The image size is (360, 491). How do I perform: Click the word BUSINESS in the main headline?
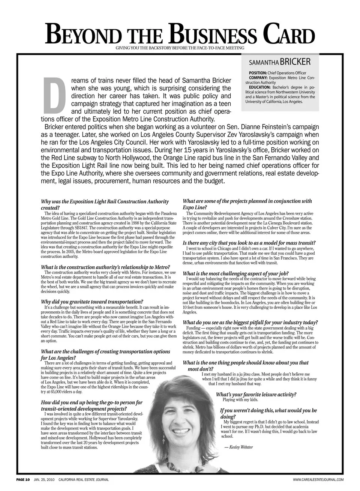tap(213, 36)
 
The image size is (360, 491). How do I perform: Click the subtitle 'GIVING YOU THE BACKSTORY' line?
tap(180, 48)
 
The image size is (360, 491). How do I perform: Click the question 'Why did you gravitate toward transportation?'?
tap(92, 302)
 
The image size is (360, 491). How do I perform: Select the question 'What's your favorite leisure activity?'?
tap(256, 394)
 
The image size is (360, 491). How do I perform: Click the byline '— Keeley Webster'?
tap(238, 447)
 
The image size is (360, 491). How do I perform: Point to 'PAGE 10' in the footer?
tap(23, 479)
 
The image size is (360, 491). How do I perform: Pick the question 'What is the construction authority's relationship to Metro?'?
tap(105, 267)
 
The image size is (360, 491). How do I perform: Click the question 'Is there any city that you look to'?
tap(249, 243)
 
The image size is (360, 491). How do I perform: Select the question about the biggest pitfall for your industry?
tap(250, 322)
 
